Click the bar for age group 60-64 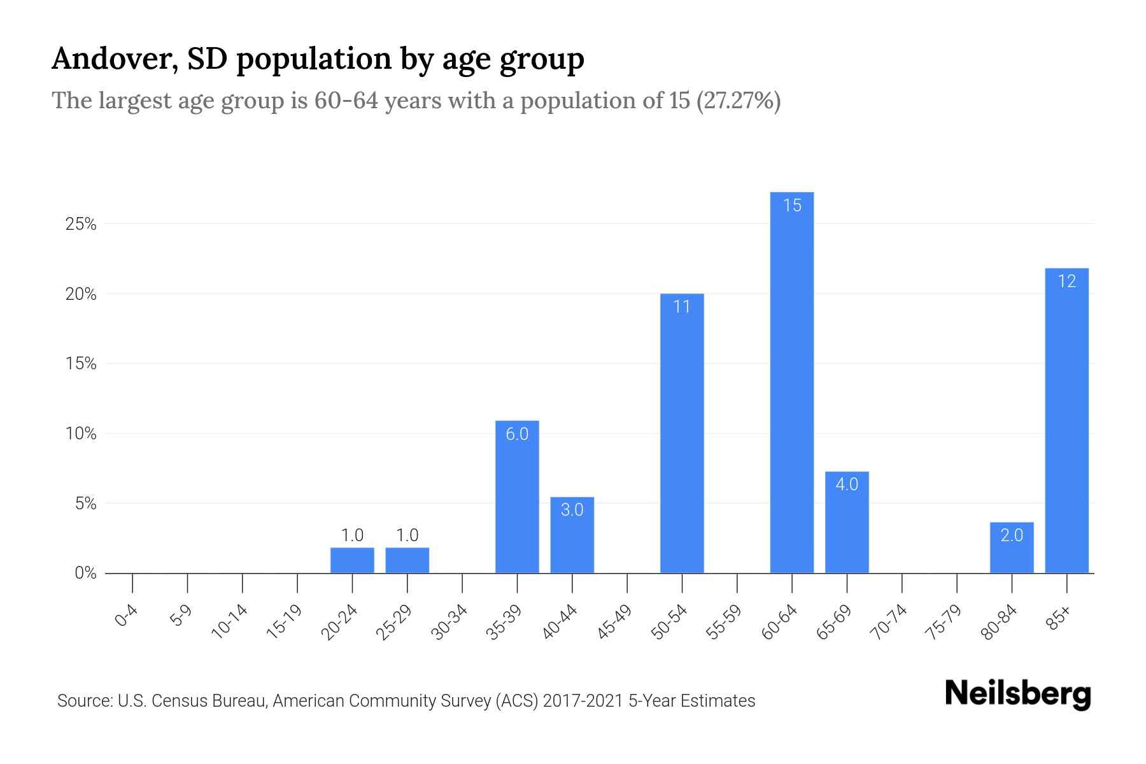point(791,382)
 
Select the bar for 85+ point(1066,420)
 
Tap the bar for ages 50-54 point(682,433)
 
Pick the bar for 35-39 point(517,497)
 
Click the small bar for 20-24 point(352,560)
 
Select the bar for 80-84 point(1012,548)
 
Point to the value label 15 point(792,206)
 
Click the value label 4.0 point(847,485)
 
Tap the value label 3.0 point(572,510)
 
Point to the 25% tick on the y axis point(81,224)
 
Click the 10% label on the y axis point(81,434)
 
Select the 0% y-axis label point(85,574)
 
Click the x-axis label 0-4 point(126,616)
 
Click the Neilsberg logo point(1017,694)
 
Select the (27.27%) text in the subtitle point(739,101)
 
